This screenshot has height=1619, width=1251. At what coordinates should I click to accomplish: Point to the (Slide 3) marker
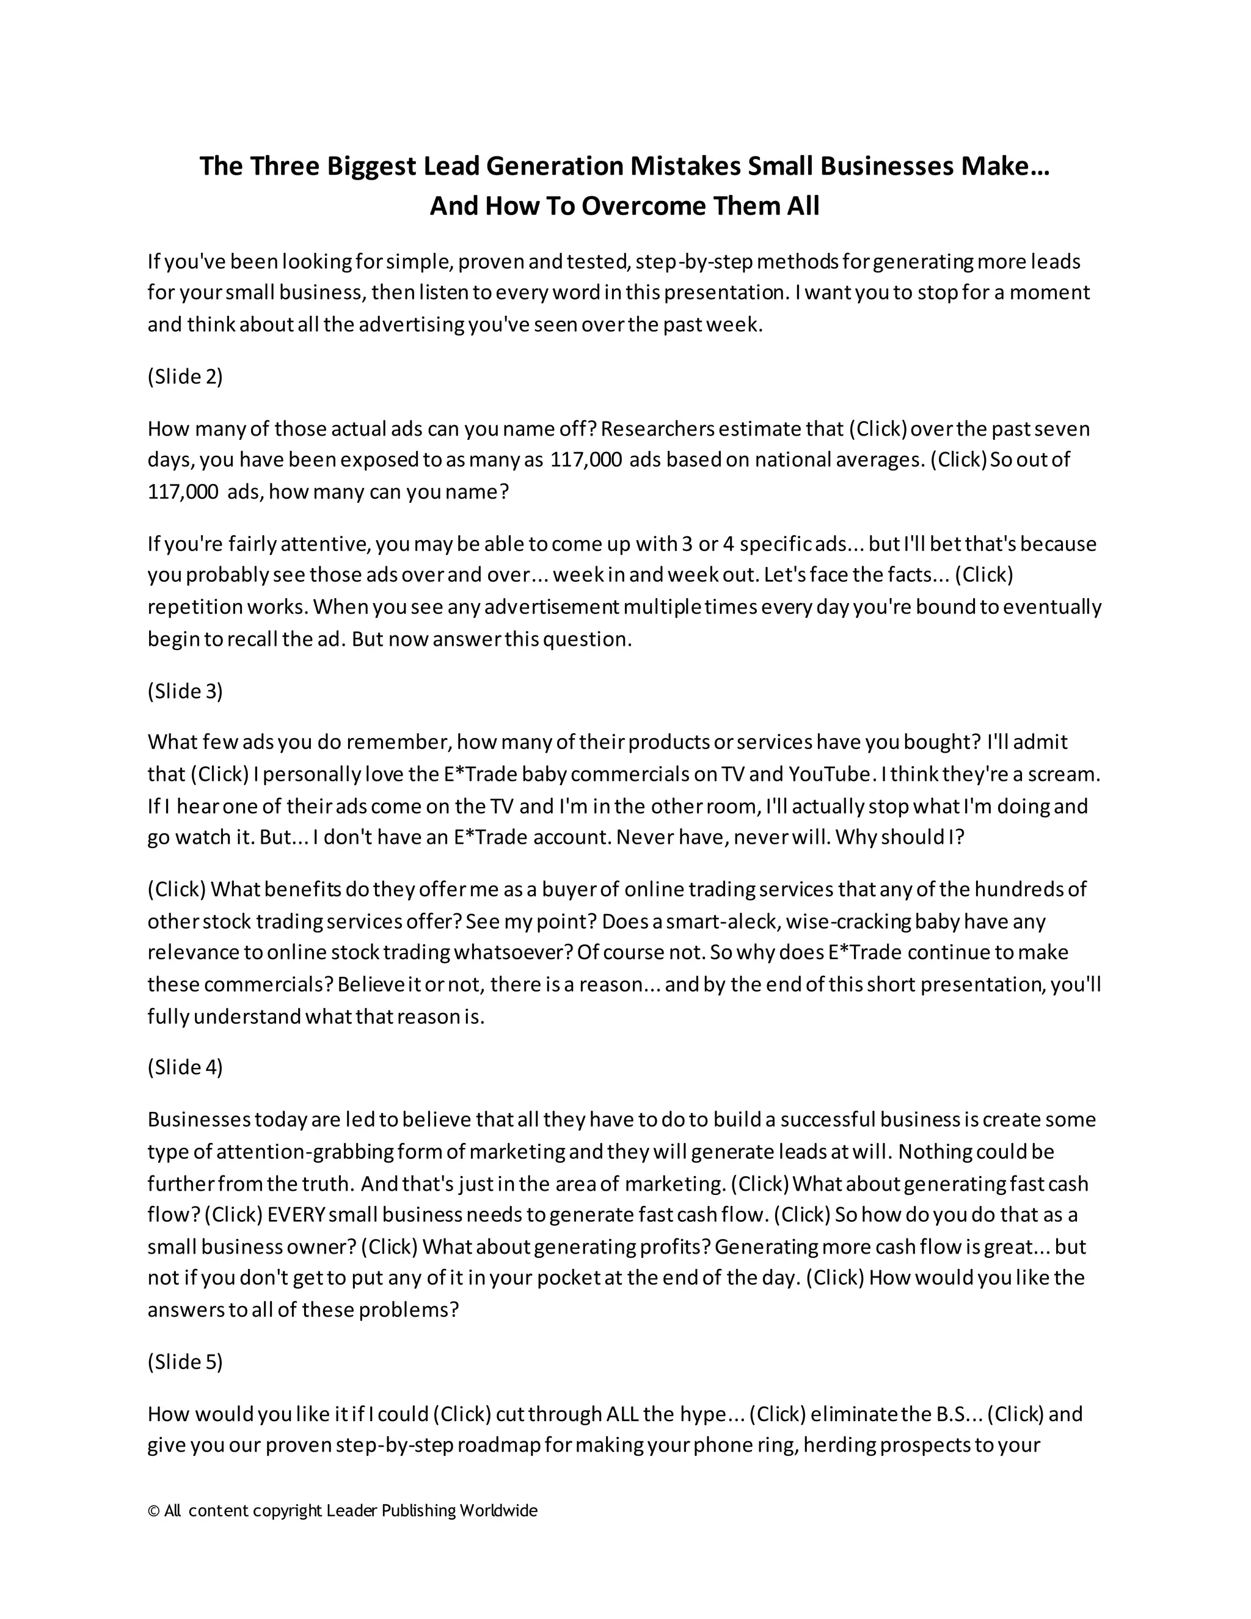pos(185,691)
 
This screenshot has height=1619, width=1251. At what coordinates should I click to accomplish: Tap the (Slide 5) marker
pos(185,1362)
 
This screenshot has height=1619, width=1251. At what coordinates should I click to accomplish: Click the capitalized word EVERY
pos(296,1215)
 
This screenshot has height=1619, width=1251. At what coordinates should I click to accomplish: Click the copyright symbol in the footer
pos(153,1511)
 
